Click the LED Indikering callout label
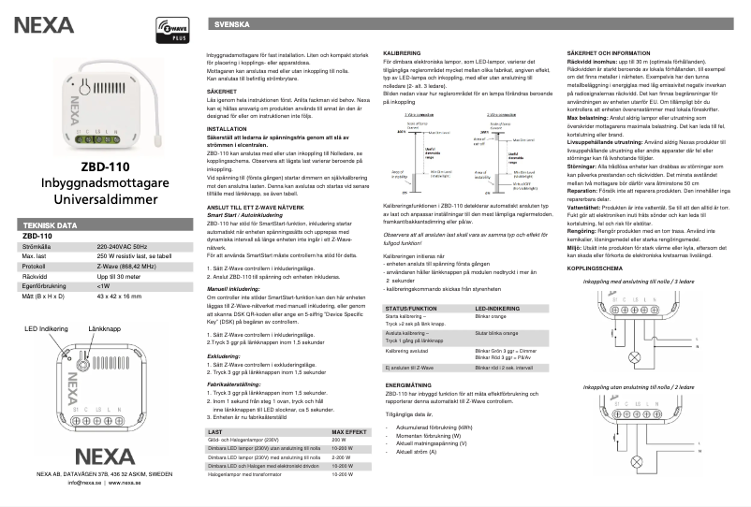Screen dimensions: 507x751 tap(44, 356)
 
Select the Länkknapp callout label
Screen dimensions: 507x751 tap(106, 356)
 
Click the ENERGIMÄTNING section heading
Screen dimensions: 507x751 tap(407, 384)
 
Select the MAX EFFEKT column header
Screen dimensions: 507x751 tap(346, 433)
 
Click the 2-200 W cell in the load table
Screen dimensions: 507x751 tap(341, 457)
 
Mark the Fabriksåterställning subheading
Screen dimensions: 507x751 tap(233, 384)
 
